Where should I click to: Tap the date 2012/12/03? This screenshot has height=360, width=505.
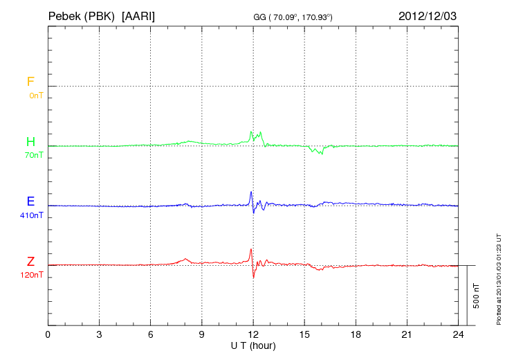pyautogui.click(x=428, y=15)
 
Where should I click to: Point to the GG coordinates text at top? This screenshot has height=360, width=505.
pyautogui.click(x=293, y=17)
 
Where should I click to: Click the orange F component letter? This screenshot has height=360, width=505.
pyautogui.click(x=30, y=82)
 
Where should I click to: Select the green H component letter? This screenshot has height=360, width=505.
pyautogui.click(x=30, y=142)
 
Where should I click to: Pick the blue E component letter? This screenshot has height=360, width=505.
pyautogui.click(x=30, y=201)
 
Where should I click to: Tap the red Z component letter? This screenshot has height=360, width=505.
pyautogui.click(x=30, y=262)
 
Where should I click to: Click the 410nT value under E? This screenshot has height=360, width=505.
pyautogui.click(x=32, y=215)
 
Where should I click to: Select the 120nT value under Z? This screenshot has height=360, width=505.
pyautogui.click(x=32, y=275)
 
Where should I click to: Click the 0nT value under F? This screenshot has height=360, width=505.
pyautogui.click(x=35, y=96)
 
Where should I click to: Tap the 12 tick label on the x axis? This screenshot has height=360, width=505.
pyautogui.click(x=253, y=335)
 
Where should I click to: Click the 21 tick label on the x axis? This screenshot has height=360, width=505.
pyautogui.click(x=407, y=335)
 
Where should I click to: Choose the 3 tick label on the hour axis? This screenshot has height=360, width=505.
pyautogui.click(x=99, y=335)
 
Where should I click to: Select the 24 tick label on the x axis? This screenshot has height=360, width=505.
pyautogui.click(x=458, y=335)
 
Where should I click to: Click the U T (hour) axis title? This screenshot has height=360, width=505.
pyautogui.click(x=253, y=345)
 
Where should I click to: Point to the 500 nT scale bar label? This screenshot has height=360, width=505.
pyautogui.click(x=476, y=296)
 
